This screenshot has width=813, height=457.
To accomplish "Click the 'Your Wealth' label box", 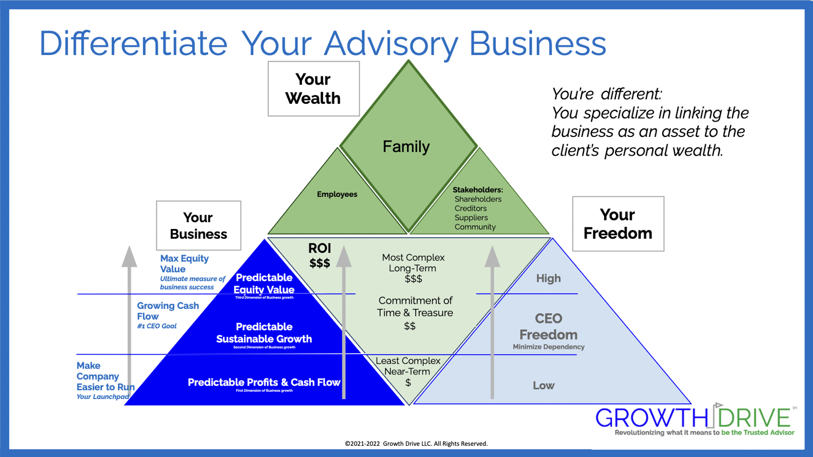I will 313,89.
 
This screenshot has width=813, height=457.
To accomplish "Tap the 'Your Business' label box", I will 198,225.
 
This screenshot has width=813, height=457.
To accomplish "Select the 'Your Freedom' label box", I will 617,223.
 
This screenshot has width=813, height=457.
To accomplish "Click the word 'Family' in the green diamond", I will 406,147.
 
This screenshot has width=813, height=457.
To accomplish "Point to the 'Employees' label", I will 337,194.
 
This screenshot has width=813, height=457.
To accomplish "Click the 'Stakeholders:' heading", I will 477,190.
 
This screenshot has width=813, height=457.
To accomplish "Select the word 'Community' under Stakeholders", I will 475,227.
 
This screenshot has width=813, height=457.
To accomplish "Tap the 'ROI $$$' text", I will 319,255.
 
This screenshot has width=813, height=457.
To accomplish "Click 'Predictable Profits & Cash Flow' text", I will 264,382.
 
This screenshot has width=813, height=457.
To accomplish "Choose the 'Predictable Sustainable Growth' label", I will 264,333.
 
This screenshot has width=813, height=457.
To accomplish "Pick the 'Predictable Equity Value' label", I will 264,283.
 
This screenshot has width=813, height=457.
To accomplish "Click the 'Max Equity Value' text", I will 184,264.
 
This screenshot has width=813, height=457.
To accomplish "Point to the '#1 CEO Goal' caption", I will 157,326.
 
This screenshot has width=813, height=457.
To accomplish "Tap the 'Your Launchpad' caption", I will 102,397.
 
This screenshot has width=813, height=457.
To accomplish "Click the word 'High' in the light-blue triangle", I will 548,278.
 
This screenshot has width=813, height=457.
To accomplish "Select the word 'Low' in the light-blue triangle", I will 544,386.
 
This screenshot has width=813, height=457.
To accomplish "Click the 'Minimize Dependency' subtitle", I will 548,347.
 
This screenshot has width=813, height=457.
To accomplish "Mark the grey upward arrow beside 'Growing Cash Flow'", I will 129,321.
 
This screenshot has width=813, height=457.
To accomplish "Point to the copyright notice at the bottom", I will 416,444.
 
